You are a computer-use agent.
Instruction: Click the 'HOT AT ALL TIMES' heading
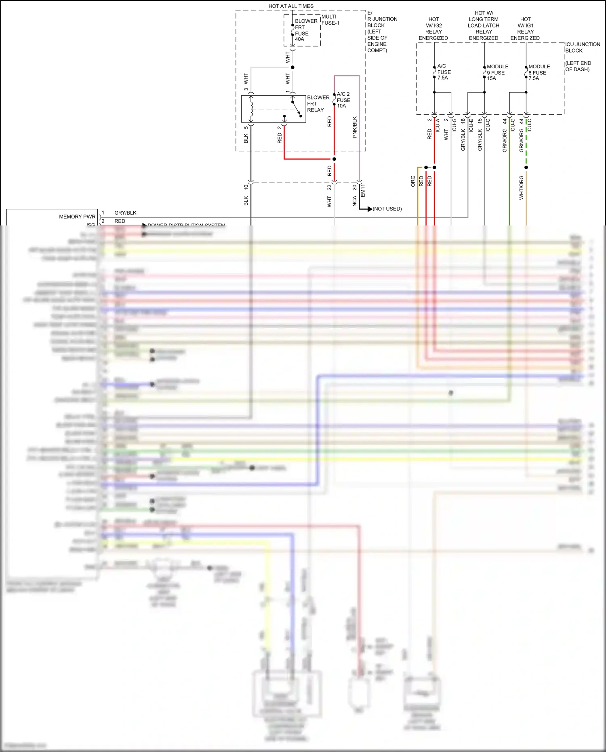coord(291,6)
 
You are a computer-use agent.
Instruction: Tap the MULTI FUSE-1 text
coord(330,20)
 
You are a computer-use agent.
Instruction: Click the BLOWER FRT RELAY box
coord(274,109)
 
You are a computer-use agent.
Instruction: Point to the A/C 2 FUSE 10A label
coord(343,100)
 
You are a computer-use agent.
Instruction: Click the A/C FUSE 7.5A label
coord(444,72)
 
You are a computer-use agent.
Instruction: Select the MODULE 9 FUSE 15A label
coord(497,72)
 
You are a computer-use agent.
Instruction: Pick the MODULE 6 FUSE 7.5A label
coord(539,72)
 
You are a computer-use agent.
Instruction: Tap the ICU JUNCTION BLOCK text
coord(582,47)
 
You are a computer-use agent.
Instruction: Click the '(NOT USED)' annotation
coord(387,209)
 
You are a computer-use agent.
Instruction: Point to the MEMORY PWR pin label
coord(77,217)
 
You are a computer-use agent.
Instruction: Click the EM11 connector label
coord(363,190)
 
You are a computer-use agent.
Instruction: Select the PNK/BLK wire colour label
coord(355,127)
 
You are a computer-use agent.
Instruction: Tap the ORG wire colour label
coord(413,181)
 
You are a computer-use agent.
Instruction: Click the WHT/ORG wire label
coord(521,187)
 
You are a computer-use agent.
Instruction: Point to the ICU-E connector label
coord(471,125)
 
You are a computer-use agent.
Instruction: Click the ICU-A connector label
coord(438,125)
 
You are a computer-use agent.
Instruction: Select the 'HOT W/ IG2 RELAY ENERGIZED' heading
coord(433,29)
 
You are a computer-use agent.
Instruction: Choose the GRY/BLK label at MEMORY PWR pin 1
coord(125,213)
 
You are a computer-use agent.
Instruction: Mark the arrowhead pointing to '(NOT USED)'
coord(370,209)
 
